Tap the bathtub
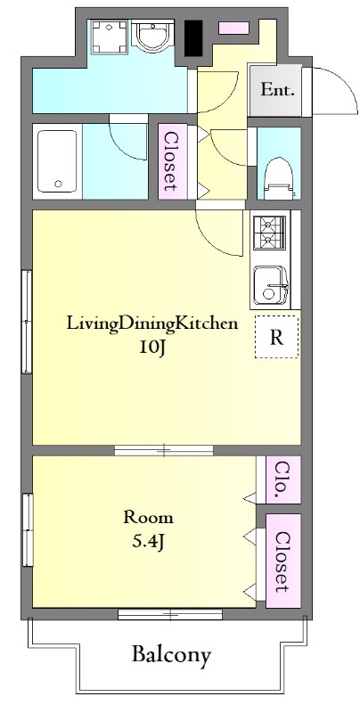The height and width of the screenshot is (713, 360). pos(57,161)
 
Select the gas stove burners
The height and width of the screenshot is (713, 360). pos(269,233)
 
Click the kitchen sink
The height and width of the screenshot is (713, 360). pos(271,285)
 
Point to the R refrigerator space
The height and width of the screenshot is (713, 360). pos(277,337)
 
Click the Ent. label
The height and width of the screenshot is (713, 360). pos(277,90)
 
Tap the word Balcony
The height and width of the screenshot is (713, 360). pos(172,655)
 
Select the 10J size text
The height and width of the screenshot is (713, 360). pos(152,347)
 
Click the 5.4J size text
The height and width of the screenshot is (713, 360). pos(148,541)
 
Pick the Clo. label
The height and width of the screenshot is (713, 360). pos(282,479)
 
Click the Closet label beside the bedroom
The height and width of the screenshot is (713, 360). pos(282,562)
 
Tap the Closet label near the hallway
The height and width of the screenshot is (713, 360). pos(170,161)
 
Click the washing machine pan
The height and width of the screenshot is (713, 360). pos(109,36)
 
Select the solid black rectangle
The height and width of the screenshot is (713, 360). pos(193,38)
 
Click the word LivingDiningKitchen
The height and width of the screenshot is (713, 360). pos(152,324)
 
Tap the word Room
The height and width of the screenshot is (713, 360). pos(149,518)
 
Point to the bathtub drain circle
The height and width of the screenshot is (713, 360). pos(58,184)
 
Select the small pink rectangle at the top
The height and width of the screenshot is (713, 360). pos(233,29)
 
